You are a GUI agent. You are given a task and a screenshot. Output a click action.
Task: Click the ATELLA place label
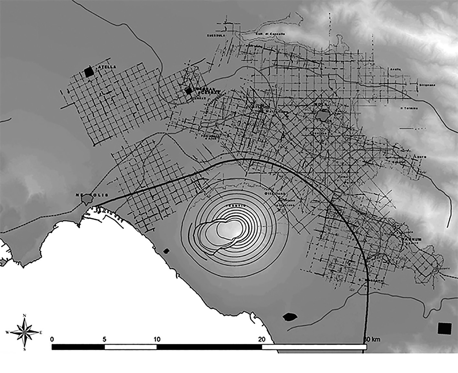(104, 67)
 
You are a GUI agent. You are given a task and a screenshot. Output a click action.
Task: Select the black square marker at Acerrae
(188, 91)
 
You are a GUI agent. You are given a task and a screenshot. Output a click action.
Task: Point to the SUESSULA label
(213, 35)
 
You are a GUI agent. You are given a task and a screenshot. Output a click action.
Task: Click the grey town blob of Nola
(323, 115)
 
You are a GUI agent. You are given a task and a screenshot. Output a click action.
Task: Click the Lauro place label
(422, 157)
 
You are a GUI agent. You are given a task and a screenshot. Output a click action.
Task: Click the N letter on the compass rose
(25, 316)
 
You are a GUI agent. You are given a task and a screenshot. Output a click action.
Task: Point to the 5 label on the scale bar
(104, 339)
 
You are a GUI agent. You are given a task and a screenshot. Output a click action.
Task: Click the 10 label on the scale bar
(156, 339)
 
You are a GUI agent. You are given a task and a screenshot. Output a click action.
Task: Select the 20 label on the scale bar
(261, 339)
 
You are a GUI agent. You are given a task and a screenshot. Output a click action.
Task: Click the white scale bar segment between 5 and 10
(131, 347)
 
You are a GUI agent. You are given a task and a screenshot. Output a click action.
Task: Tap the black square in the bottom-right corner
(444, 328)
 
